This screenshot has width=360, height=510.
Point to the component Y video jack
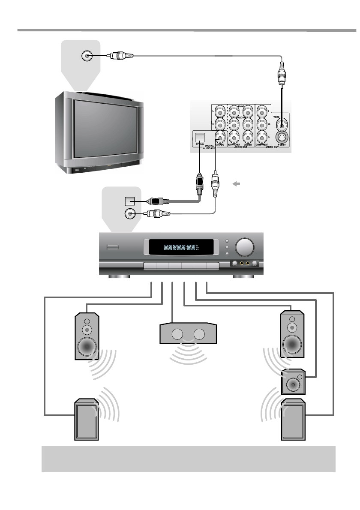[x=261, y=111]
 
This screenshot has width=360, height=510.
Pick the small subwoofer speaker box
[x=293, y=382]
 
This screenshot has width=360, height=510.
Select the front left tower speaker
[x=87, y=336]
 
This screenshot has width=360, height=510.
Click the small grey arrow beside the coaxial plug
[x=236, y=184]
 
